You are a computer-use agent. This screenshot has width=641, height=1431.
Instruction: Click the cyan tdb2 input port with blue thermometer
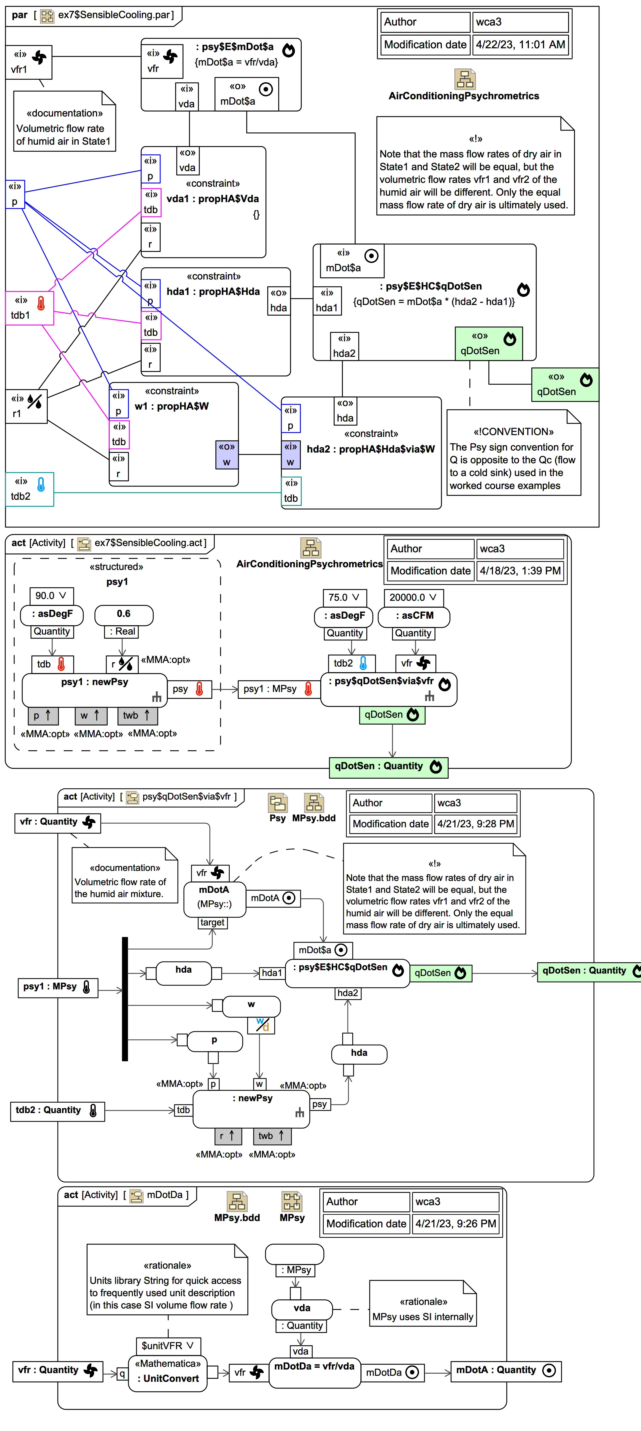(30, 489)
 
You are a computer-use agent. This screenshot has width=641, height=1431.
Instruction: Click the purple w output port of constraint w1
(227, 454)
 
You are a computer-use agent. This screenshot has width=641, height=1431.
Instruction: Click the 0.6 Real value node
(124, 614)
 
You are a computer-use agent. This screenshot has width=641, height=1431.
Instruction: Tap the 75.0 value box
(344, 597)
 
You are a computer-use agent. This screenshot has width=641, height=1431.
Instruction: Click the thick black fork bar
(125, 998)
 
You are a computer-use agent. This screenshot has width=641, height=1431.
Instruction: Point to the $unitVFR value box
(168, 1345)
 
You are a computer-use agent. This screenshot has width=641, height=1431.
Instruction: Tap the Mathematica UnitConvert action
(168, 1371)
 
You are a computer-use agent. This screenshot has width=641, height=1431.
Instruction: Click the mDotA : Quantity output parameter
(506, 1370)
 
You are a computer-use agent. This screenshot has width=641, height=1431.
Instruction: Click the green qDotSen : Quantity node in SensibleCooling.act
(388, 767)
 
